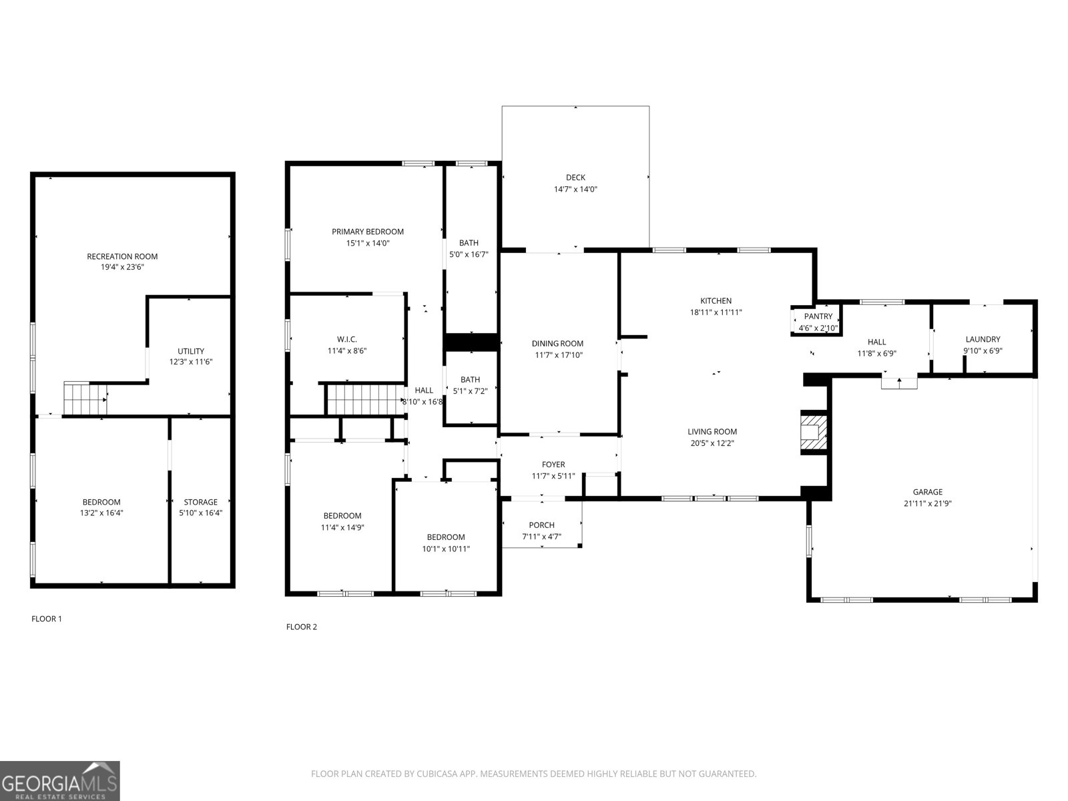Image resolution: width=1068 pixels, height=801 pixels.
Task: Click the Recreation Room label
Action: coord(122,256)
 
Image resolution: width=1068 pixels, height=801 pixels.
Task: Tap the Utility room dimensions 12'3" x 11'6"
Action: coord(191,362)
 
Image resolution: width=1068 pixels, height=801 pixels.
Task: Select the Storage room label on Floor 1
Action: coord(200,502)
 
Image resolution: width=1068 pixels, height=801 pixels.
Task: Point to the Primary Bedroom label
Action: coord(368,232)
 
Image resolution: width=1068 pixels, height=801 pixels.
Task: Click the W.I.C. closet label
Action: coord(347,339)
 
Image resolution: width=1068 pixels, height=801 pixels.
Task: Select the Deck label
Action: coord(575,178)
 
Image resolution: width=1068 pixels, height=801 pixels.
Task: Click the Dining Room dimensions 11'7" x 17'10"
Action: coord(557,355)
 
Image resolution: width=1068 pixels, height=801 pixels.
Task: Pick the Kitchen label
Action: coord(716,301)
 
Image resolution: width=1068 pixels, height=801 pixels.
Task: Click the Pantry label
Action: coord(818,316)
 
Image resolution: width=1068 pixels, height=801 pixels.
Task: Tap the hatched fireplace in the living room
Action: coord(813,433)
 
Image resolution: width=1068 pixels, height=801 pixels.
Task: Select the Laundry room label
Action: coord(983,339)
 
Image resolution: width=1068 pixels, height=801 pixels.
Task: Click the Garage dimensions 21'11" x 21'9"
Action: coord(927,504)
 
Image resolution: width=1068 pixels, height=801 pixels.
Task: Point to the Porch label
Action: coord(541,525)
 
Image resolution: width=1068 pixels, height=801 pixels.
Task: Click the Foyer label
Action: coord(553,465)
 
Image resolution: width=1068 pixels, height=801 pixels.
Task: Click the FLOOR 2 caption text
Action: coord(302,627)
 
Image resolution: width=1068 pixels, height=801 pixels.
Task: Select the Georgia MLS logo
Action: coord(60,780)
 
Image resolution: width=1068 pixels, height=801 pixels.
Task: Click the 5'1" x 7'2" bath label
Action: coord(470,380)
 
